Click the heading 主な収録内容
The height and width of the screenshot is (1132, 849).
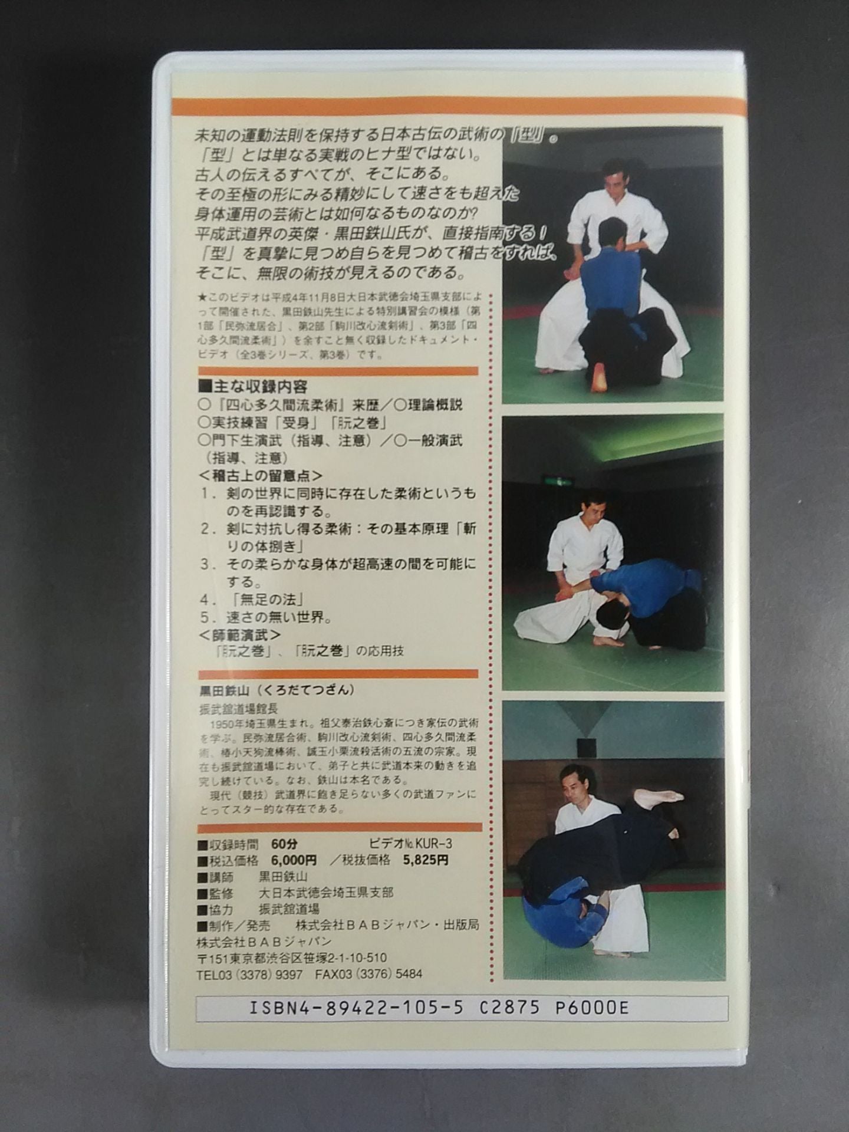(x=254, y=387)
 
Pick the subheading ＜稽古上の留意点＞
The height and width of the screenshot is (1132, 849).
(x=260, y=475)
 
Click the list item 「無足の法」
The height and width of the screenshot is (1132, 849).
(x=266, y=600)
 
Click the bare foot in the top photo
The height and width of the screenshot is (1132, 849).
(x=598, y=377)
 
